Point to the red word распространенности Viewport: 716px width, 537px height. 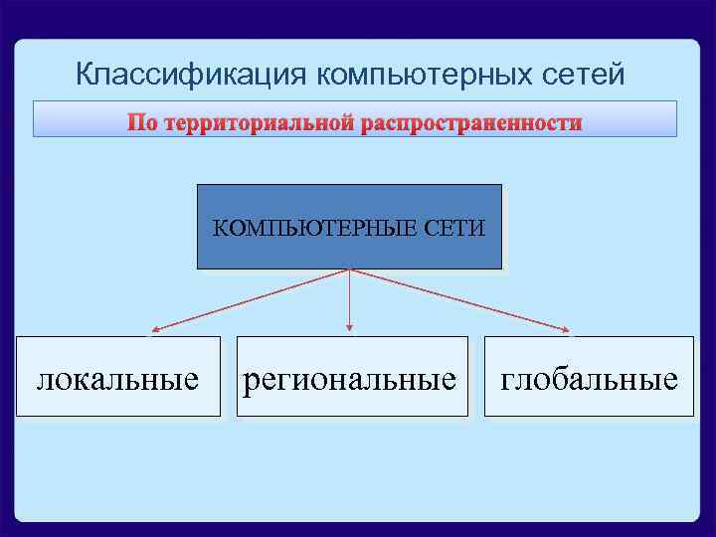pyautogui.click(x=471, y=123)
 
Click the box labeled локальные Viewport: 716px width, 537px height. pyautogui.click(x=117, y=376)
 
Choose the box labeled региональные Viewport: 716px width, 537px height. pyautogui.click(x=351, y=376)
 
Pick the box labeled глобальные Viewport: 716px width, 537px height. pyautogui.click(x=589, y=376)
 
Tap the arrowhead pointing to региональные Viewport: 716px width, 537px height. pyautogui.click(x=349, y=328)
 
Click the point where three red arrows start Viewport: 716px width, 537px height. pyautogui.click(x=349, y=269)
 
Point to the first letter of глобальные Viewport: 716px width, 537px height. pyautogui.click(x=506, y=381)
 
